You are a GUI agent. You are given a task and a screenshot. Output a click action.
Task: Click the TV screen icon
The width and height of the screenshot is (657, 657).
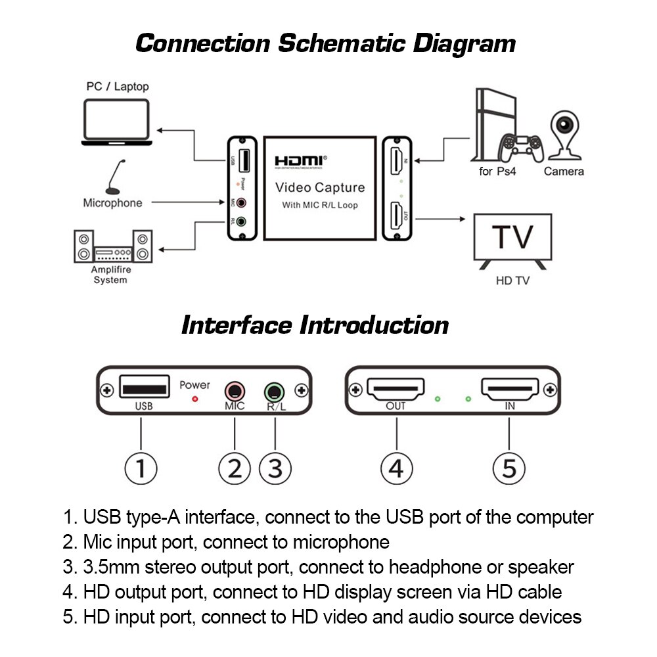[513, 240]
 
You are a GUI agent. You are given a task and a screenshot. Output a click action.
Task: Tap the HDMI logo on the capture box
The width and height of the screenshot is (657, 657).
[299, 160]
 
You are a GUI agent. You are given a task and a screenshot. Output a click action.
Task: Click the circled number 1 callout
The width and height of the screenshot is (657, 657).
[141, 468]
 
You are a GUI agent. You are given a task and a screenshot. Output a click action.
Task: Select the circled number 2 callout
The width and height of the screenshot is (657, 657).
[235, 468]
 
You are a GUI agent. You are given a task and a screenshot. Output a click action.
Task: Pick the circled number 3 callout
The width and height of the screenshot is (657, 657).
[275, 468]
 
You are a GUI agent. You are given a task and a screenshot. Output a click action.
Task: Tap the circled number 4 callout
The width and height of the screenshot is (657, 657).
[397, 468]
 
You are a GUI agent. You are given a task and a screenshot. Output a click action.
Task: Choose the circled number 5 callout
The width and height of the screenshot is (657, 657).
[509, 468]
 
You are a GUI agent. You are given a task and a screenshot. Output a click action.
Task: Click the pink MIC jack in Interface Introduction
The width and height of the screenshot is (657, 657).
[235, 392]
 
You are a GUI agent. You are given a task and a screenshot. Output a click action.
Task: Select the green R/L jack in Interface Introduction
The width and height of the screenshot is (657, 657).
[275, 393]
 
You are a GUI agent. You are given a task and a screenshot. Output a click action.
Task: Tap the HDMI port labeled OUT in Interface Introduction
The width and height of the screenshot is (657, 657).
[396, 390]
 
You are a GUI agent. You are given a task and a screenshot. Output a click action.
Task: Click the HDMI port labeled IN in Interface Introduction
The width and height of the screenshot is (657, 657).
[510, 390]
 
